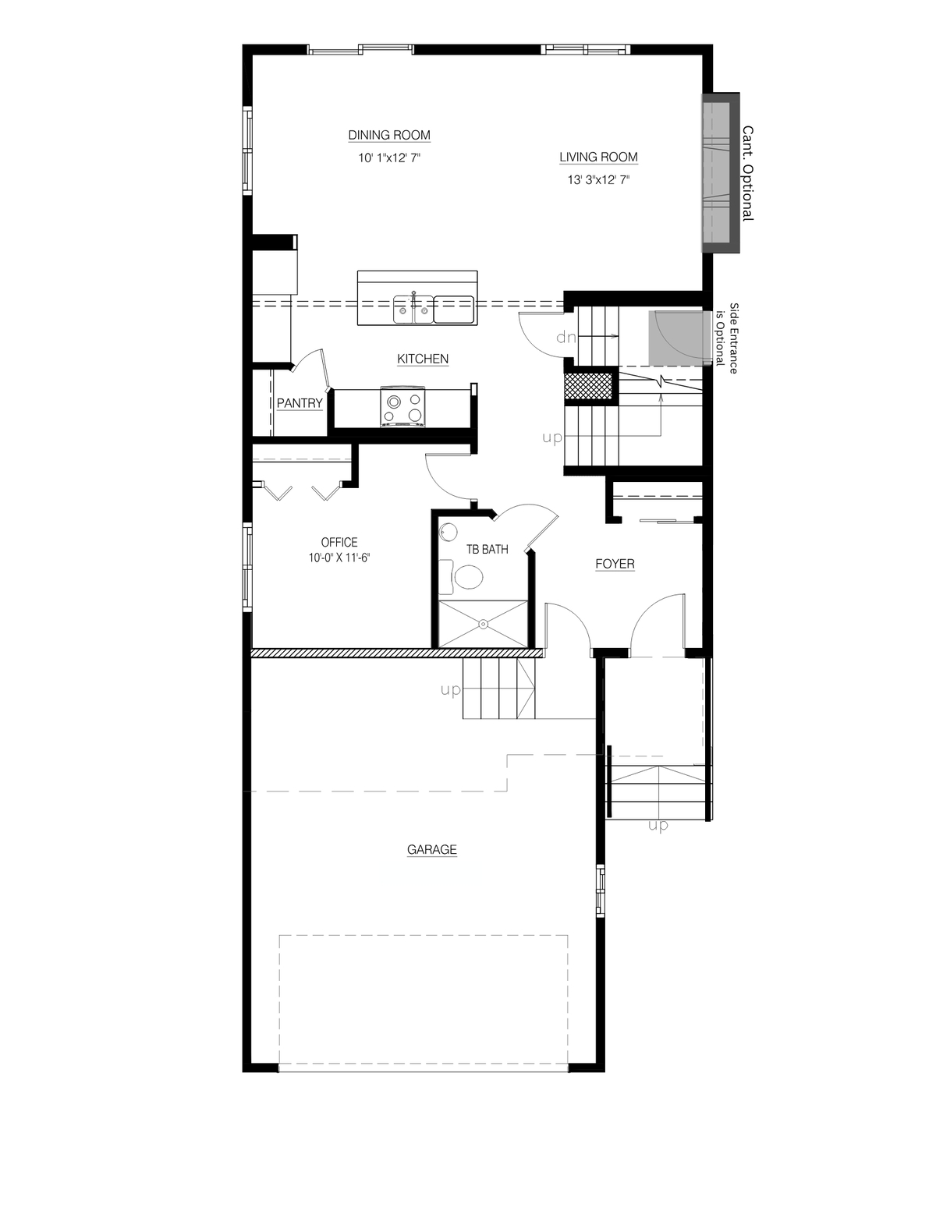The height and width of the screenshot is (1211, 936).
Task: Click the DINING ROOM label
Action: (389, 136)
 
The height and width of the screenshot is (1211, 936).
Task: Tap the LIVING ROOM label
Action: (598, 158)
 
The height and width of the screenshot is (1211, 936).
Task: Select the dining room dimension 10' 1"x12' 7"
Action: (389, 158)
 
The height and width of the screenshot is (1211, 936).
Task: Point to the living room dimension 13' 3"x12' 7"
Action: (598, 180)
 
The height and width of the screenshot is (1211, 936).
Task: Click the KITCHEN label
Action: (423, 359)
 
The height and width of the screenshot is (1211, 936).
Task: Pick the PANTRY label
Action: (300, 403)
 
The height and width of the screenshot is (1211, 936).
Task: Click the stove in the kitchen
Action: (403, 407)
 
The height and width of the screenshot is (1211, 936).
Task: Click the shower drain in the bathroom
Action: (483, 624)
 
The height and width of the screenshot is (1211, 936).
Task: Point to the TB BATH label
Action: (487, 550)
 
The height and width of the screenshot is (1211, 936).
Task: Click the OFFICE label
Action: (339, 542)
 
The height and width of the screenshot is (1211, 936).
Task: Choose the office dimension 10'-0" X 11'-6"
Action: (339, 558)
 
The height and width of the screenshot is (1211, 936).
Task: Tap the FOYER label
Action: (615, 564)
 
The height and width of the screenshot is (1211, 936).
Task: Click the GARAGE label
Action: (432, 850)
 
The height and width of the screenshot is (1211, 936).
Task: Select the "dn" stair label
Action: (565, 337)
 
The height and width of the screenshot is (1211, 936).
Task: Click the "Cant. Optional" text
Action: (748, 173)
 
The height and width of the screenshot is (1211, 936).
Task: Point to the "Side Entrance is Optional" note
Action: (727, 338)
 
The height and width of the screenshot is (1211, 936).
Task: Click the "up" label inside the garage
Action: (451, 691)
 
